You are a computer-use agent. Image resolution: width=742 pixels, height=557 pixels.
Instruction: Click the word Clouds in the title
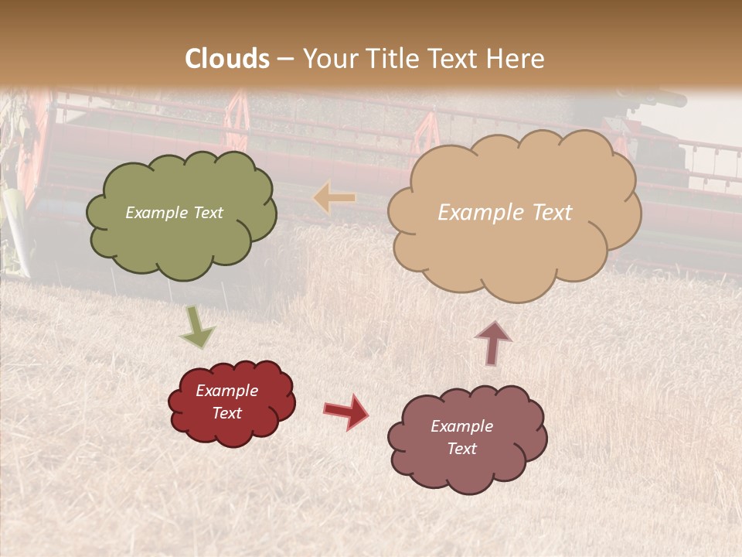(227, 59)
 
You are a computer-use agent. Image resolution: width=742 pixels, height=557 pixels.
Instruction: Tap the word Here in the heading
(517, 59)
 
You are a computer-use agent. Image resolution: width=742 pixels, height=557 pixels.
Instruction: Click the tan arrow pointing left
(335, 199)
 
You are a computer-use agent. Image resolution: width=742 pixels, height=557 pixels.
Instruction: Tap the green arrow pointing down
(196, 328)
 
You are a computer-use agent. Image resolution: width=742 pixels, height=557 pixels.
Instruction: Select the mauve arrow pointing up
(493, 343)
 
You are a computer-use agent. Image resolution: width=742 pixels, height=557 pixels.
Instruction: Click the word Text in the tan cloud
(546, 213)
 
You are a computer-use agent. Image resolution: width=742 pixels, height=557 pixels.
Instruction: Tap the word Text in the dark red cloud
(227, 413)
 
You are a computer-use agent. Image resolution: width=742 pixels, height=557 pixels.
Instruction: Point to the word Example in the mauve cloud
(461, 426)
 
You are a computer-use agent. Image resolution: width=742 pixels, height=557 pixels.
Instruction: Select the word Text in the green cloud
(207, 213)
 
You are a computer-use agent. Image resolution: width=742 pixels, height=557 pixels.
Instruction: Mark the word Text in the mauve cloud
(461, 449)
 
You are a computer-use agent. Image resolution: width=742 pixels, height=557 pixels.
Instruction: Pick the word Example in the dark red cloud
(227, 391)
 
